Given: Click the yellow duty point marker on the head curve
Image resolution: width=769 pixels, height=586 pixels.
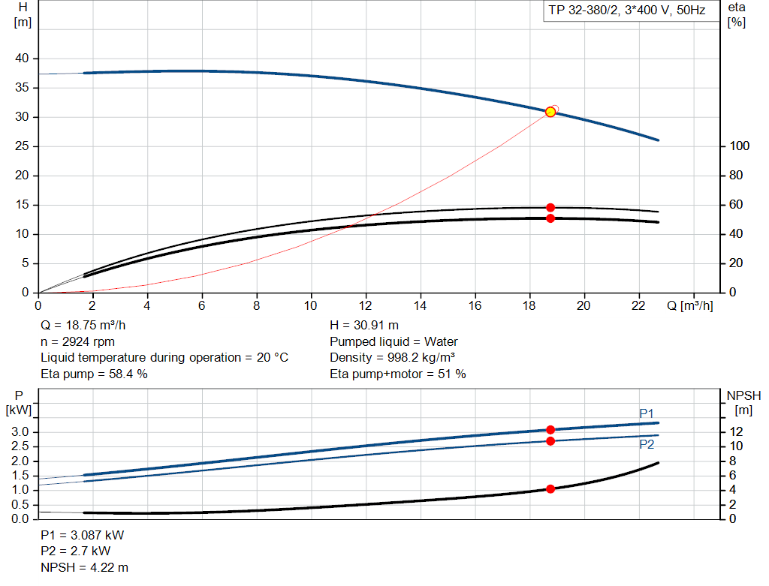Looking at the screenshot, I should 550,112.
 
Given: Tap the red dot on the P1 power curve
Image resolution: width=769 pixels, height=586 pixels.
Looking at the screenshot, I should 550,430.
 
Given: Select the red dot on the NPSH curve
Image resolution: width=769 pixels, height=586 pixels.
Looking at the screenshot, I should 550,488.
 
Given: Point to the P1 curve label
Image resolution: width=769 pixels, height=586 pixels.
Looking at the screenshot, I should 647,413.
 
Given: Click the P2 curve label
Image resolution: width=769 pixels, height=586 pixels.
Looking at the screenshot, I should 647,444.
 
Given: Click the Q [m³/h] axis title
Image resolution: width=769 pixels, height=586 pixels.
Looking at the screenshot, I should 689,305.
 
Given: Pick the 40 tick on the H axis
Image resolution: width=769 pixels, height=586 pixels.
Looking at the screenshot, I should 22,59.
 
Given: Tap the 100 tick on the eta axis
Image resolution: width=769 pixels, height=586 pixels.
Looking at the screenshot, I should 740,146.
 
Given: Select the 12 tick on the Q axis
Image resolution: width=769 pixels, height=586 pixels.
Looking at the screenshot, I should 366,305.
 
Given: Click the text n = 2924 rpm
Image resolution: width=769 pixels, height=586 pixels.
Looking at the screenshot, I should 77,341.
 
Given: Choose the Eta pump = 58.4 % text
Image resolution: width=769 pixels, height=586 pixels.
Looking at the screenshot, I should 94,374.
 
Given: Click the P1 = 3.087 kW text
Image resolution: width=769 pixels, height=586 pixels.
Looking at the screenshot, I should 83,536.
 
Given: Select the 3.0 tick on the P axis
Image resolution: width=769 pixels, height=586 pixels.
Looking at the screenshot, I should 20,432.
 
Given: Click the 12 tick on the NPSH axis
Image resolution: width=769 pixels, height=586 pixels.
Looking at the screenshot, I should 737,431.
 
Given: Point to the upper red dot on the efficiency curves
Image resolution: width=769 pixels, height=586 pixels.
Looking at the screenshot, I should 550,207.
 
